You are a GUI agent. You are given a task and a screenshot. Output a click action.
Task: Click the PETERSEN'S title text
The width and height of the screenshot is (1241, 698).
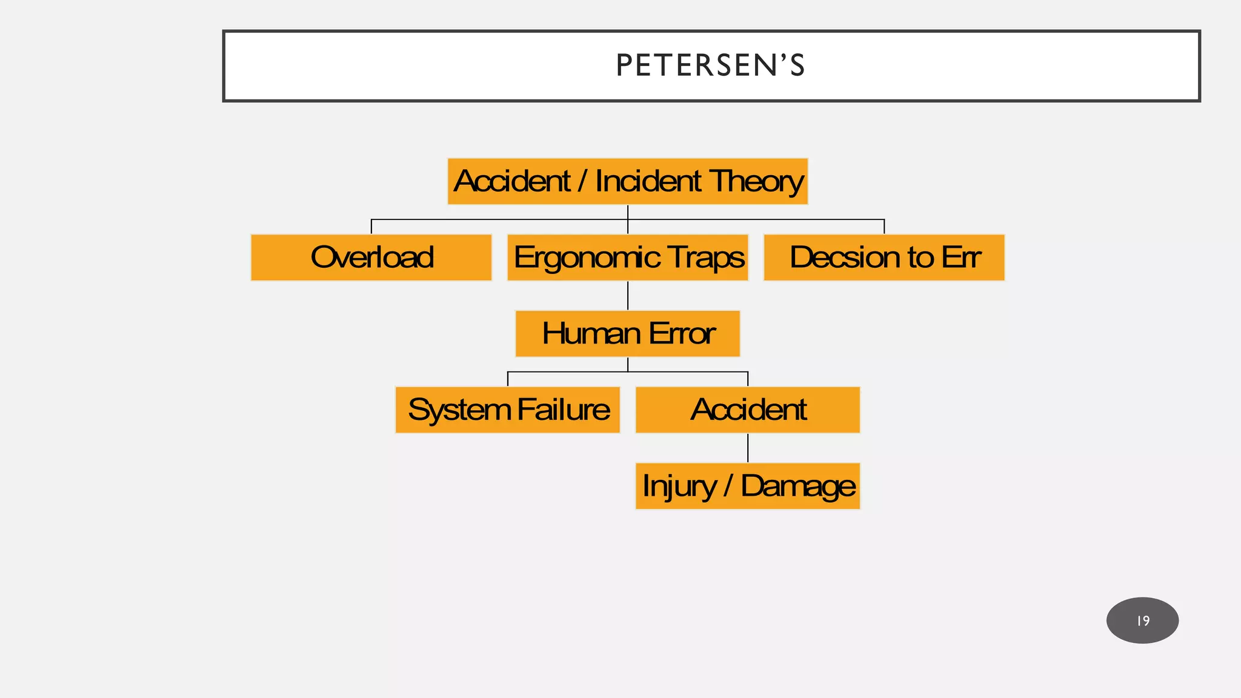tap(710, 65)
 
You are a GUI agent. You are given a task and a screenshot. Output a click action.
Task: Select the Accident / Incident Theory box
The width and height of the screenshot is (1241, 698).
tap(627, 182)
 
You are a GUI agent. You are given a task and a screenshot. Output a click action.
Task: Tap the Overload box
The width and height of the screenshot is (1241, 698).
tap(371, 258)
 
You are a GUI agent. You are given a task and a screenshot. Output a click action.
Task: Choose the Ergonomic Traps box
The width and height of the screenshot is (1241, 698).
tap(628, 258)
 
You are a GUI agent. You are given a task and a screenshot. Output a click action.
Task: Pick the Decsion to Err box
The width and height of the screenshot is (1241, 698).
tap(884, 258)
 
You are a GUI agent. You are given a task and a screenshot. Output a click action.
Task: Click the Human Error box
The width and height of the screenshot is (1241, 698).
tap(628, 334)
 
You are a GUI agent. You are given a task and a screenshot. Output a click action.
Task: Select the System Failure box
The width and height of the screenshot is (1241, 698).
tap(508, 410)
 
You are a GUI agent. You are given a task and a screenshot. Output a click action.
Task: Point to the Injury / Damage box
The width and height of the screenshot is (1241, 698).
tap(748, 487)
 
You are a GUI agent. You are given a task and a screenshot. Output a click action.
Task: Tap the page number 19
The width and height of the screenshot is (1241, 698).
tap(1143, 621)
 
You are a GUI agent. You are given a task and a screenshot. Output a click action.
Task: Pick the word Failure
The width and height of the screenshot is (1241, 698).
tap(564, 410)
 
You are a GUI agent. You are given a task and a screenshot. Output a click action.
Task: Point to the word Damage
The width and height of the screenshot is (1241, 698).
tap(798, 487)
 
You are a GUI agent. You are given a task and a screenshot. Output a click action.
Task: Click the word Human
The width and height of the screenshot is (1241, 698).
tap(591, 334)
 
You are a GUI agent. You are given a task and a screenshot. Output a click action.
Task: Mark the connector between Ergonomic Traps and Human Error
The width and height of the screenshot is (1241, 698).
tap(628, 296)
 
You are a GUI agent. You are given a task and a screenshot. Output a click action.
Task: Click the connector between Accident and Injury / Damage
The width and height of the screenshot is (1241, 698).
tap(748, 448)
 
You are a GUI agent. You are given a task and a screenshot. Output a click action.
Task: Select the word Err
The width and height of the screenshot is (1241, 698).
tap(961, 258)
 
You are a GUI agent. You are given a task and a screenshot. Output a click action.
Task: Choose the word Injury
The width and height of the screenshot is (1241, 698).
tap(679, 487)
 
